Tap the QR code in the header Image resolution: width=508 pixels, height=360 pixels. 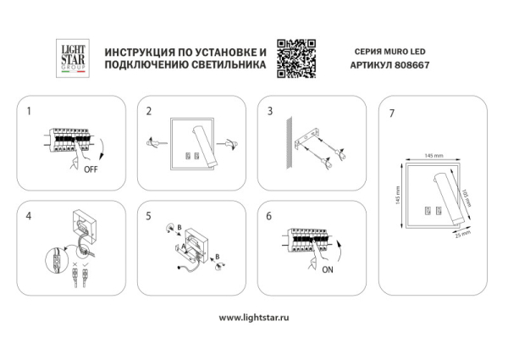[295, 58]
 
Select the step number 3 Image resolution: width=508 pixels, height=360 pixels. [270, 112]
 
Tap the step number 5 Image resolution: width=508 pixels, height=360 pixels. [149, 216]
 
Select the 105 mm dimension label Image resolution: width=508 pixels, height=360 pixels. [467, 197]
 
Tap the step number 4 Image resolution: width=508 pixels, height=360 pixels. [30, 216]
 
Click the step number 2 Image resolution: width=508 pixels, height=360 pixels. [149, 112]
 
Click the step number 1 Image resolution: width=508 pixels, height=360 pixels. [30, 112]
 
